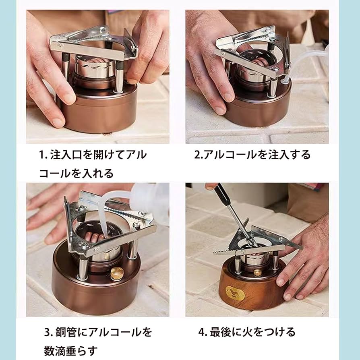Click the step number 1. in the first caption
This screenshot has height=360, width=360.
coord(43,155)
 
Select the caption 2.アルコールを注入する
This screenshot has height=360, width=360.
coord(252,155)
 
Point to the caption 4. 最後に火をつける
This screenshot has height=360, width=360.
coord(247,332)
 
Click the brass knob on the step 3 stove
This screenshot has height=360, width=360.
coord(116,273)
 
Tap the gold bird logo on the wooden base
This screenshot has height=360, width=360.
coord(233,291)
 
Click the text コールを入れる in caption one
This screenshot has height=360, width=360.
coord(76,173)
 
